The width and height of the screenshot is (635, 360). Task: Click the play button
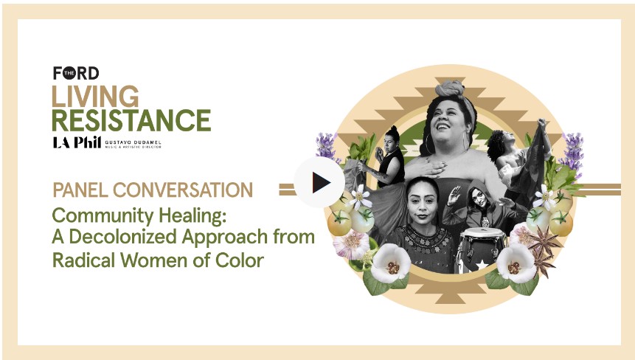click(319, 182)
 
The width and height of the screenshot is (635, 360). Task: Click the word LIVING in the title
click(95, 97)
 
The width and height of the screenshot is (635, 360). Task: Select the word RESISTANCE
click(131, 120)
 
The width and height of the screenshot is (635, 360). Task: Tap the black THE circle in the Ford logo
click(69, 73)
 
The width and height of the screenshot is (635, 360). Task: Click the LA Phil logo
click(77, 142)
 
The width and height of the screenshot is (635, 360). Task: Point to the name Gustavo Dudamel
click(133, 142)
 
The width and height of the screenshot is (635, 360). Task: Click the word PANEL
click(80, 190)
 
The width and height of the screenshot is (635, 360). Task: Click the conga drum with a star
click(481, 250)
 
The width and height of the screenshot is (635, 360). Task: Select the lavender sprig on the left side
click(327, 147)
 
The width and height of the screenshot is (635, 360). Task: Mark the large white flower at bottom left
click(390, 264)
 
